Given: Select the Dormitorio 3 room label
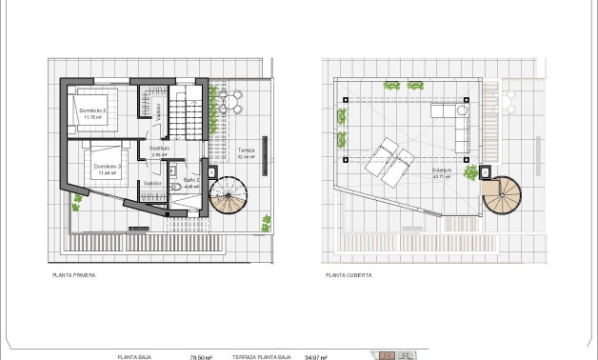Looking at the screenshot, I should [105, 169].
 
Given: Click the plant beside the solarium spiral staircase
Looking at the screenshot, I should [470, 172].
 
